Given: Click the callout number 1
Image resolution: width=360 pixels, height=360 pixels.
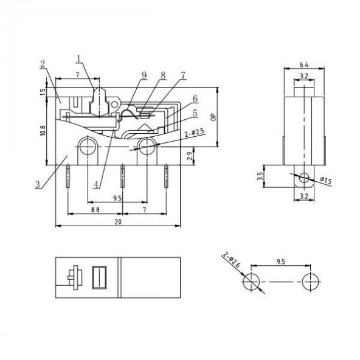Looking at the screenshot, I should pos(79,59).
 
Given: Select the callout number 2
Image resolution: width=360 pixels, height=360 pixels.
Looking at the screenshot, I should pos(44,63).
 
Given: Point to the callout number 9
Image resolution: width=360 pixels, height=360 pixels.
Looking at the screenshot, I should pos(144,76).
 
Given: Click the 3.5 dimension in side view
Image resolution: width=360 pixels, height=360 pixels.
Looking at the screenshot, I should pos(260,178).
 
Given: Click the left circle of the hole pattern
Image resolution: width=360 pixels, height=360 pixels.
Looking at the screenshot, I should pos(251,282).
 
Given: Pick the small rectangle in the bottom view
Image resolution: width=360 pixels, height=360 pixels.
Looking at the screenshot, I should pos(99,277).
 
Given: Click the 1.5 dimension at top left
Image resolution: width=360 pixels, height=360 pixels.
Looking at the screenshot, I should pos(42,91).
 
